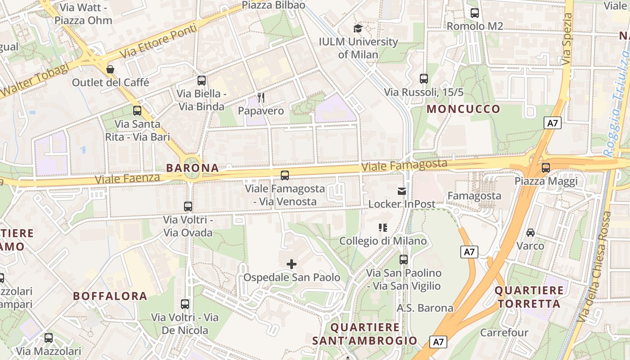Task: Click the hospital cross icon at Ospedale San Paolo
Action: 292,264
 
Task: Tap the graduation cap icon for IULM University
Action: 358,29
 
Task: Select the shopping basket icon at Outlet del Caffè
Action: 110,69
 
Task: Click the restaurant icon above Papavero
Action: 261,97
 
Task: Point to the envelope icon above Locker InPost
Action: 402,191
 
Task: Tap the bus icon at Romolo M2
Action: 474,13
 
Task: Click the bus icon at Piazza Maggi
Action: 546,168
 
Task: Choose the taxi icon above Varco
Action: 531,233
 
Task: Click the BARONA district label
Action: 193,168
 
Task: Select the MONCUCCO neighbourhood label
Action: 463,109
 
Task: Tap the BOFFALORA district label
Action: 110,296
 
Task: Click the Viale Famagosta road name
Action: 404,165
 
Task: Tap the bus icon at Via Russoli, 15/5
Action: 423,79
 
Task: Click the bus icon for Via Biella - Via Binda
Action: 201,81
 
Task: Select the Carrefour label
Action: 504,333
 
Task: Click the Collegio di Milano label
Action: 383,241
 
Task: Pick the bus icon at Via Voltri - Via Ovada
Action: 188,207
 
